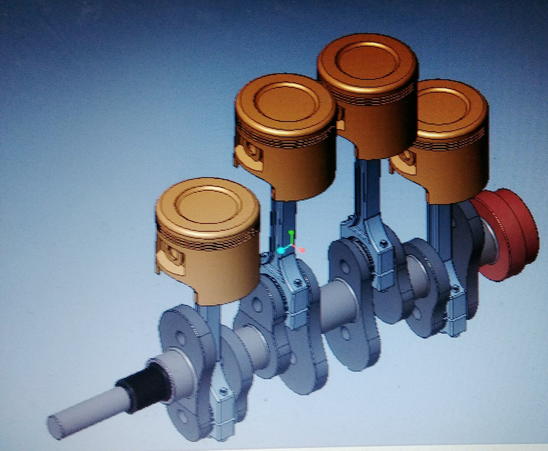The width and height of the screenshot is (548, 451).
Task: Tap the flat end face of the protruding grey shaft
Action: (x=56, y=427)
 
